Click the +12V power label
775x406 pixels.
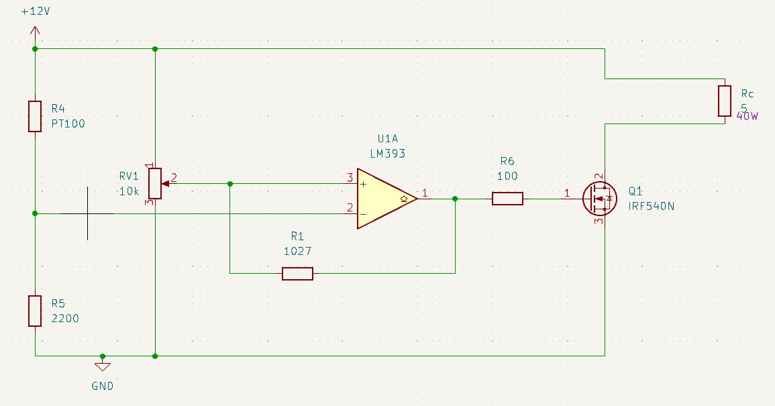point(36,12)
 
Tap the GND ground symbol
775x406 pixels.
point(102,366)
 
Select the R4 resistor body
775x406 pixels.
point(35,116)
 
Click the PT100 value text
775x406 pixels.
point(68,124)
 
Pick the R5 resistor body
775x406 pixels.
point(35,311)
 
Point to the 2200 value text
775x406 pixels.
point(65,319)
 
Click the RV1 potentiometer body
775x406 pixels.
point(154,183)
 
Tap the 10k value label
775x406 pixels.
point(129,191)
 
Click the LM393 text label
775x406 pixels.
point(388,153)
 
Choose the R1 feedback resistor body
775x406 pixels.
point(297,273)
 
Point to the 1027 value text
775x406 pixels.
point(297,251)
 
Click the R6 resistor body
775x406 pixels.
point(507,198)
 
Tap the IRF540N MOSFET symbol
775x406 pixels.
point(599,198)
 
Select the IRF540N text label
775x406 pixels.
point(652,206)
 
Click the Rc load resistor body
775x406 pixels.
point(724,101)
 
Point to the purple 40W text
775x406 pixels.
point(747,116)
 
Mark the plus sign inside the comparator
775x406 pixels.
point(363,183)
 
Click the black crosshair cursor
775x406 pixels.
point(88,213)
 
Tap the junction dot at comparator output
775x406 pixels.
point(455,198)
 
